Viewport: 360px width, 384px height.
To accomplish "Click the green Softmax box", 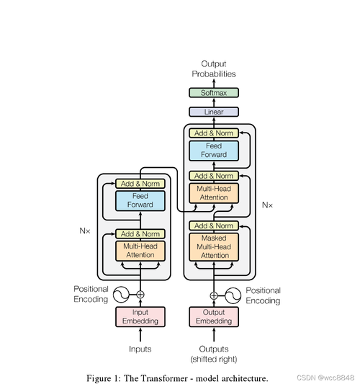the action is tap(214, 93).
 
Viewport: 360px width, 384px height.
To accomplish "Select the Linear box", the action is tap(214, 112).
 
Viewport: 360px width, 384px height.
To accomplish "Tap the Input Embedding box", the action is tap(140, 317).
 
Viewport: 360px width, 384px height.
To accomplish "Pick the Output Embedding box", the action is tap(214, 317).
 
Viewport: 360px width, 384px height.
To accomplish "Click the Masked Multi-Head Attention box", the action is tap(214, 247).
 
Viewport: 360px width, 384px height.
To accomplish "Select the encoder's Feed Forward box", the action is tap(140, 200).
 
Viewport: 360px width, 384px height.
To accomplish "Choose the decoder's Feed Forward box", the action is tap(214, 151).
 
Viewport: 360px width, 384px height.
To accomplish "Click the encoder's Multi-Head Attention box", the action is tap(140, 251).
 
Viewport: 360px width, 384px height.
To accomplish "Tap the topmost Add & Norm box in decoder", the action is tap(214, 133).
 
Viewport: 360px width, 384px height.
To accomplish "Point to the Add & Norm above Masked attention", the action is tap(214, 226).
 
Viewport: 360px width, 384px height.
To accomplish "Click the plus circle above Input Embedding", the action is tap(140, 295).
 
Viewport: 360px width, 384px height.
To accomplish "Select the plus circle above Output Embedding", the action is tap(214, 295).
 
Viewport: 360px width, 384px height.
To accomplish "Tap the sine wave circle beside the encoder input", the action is tap(121, 295).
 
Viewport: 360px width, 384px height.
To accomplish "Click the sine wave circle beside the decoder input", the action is tap(233, 295).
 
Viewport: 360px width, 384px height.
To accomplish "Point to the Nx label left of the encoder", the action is tap(85, 231).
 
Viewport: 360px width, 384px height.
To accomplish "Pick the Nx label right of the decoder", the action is tap(267, 205).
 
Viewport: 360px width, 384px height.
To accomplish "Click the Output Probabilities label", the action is tap(214, 69).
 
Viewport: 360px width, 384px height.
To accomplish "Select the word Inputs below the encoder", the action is tap(140, 349).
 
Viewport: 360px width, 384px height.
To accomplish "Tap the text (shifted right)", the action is tap(214, 359).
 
